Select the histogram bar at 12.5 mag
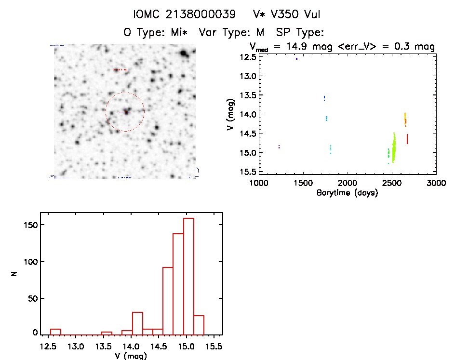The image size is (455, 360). tap(55, 331)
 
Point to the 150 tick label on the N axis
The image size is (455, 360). tap(31, 225)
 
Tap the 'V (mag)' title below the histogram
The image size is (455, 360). tap(131, 356)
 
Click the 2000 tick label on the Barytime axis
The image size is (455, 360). tap(347, 183)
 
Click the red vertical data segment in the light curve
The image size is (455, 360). tap(407, 139)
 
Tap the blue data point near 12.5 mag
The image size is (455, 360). tap(296, 59)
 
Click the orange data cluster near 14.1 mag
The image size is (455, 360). tap(405, 119)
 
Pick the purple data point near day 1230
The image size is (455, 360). tap(279, 147)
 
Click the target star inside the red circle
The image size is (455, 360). tap(126, 111)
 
